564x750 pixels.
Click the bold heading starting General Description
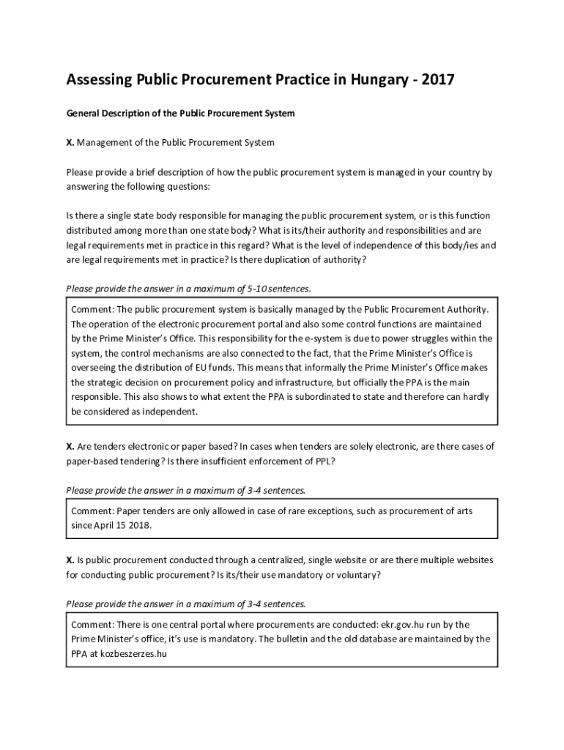tap(180, 114)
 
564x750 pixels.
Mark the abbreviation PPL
tap(323, 461)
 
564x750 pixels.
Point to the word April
tap(111, 526)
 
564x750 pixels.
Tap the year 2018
tap(141, 526)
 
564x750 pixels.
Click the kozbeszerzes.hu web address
tap(129, 654)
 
